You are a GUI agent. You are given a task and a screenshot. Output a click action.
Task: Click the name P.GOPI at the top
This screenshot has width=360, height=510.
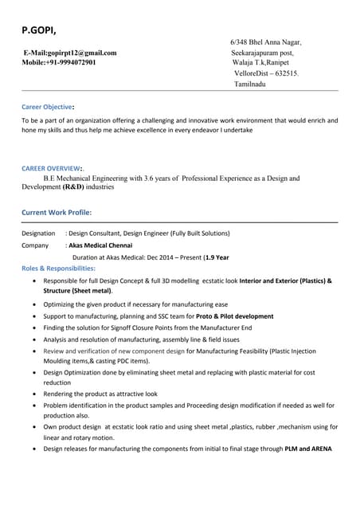tap(38, 30)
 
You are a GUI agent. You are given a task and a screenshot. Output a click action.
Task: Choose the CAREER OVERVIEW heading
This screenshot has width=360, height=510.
tap(52, 169)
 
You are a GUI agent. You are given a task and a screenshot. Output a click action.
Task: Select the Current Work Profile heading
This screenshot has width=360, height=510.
tap(56, 213)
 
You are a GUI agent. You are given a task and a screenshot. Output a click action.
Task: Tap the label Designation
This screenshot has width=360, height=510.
tap(38, 233)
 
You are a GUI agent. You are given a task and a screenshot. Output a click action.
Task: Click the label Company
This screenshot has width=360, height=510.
tap(35, 245)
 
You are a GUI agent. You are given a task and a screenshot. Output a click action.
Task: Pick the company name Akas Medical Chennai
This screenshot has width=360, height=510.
tap(100, 245)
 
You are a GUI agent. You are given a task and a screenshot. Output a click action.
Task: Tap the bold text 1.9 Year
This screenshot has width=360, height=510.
tap(216, 257)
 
